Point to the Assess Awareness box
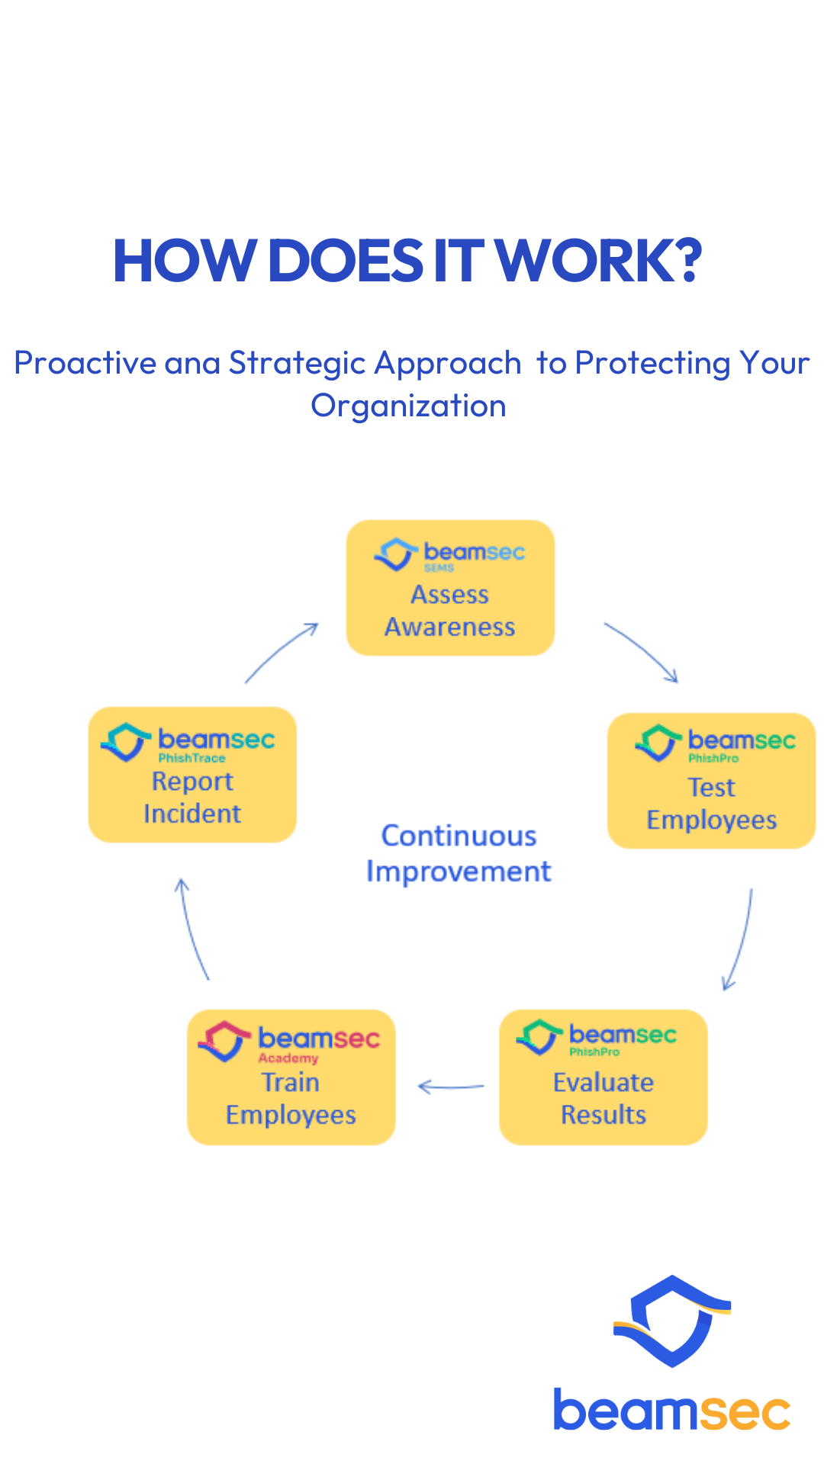(450, 588)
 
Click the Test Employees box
(711, 781)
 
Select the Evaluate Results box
(604, 1077)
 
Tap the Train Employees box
(291, 1077)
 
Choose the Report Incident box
(192, 775)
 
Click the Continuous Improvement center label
(459, 854)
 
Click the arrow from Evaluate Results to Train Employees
(451, 1087)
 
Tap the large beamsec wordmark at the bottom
(672, 1411)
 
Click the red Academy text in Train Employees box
(288, 1058)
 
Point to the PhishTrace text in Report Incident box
(192, 758)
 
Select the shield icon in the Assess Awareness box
(396, 554)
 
